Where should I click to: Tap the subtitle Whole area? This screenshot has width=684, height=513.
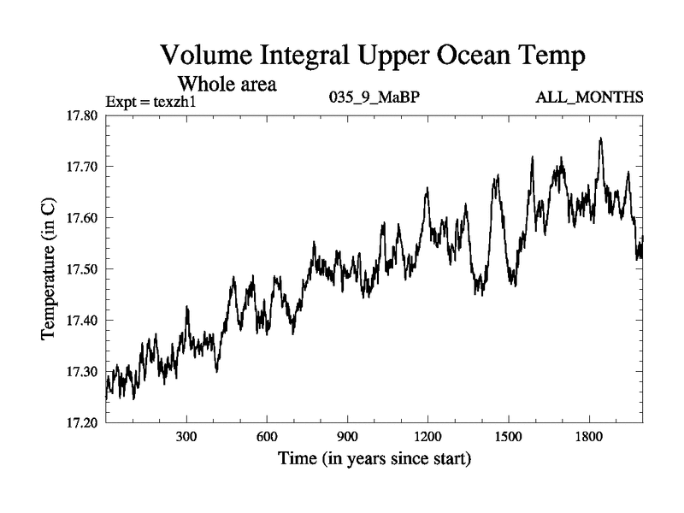click(227, 84)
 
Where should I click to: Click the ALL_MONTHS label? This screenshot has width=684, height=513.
click(589, 97)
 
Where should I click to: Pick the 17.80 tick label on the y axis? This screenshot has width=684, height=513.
click(82, 115)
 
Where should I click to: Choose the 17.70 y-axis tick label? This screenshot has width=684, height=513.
click(82, 166)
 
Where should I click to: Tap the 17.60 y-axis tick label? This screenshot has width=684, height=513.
click(82, 217)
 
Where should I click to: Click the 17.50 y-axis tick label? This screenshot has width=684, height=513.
click(82, 268)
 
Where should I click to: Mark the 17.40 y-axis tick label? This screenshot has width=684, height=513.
click(82, 320)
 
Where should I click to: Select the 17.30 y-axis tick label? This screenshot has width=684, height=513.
click(82, 371)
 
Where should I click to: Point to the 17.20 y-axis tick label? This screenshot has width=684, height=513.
click(82, 422)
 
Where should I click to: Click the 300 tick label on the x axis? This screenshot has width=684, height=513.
click(186, 437)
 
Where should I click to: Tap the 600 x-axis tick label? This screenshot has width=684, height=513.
click(267, 437)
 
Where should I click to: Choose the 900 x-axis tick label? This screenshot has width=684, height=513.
click(347, 437)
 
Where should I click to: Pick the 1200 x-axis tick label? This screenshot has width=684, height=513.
click(427, 437)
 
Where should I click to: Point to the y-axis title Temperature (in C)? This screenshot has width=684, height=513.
click(49, 268)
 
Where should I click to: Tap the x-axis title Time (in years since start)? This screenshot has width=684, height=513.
click(374, 459)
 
